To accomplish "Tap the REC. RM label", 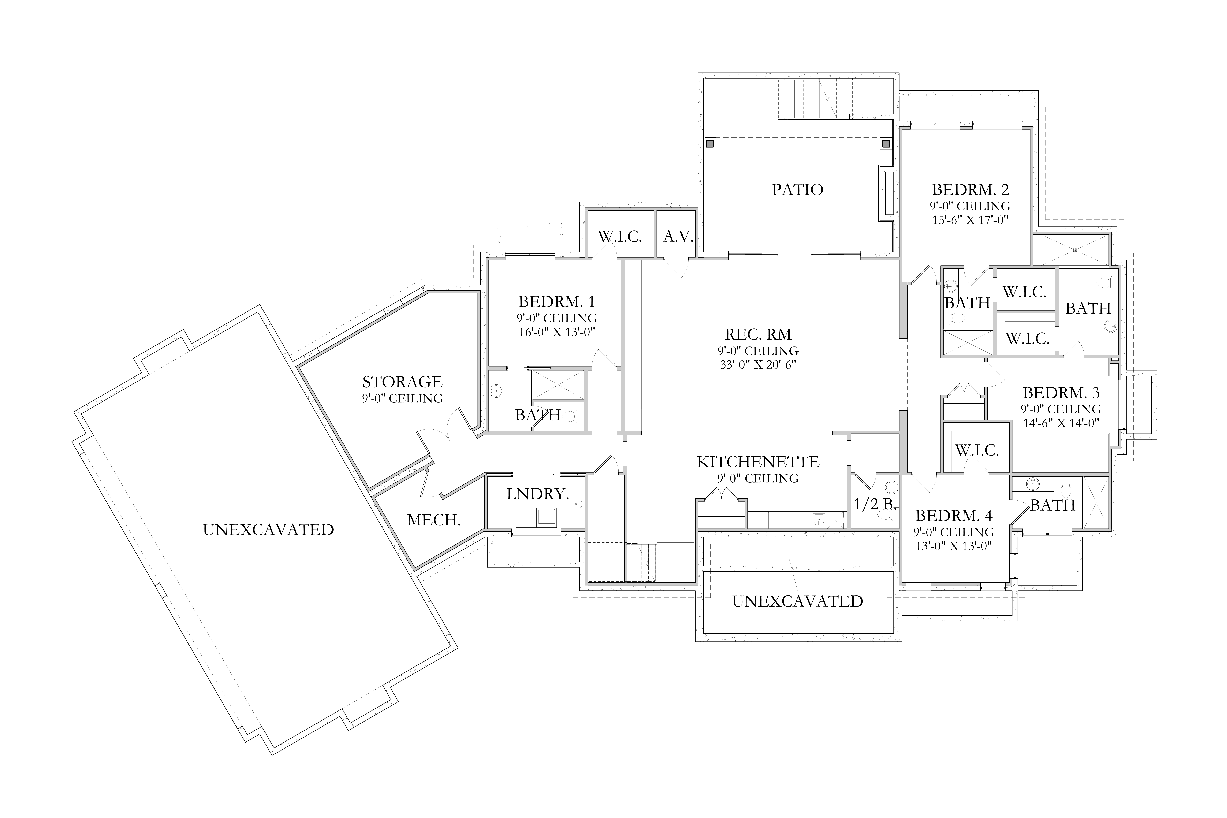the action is [x=758, y=334].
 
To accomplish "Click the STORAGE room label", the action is [x=403, y=382].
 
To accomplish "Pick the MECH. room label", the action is [x=434, y=520].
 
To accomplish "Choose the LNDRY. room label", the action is [x=537, y=494].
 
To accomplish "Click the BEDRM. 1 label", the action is [x=557, y=301].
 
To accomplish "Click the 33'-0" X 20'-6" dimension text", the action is [x=758, y=365].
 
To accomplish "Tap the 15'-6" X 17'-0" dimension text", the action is [x=970, y=220].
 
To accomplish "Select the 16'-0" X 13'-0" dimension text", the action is [x=557, y=332].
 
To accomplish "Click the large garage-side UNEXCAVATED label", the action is [x=268, y=529].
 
